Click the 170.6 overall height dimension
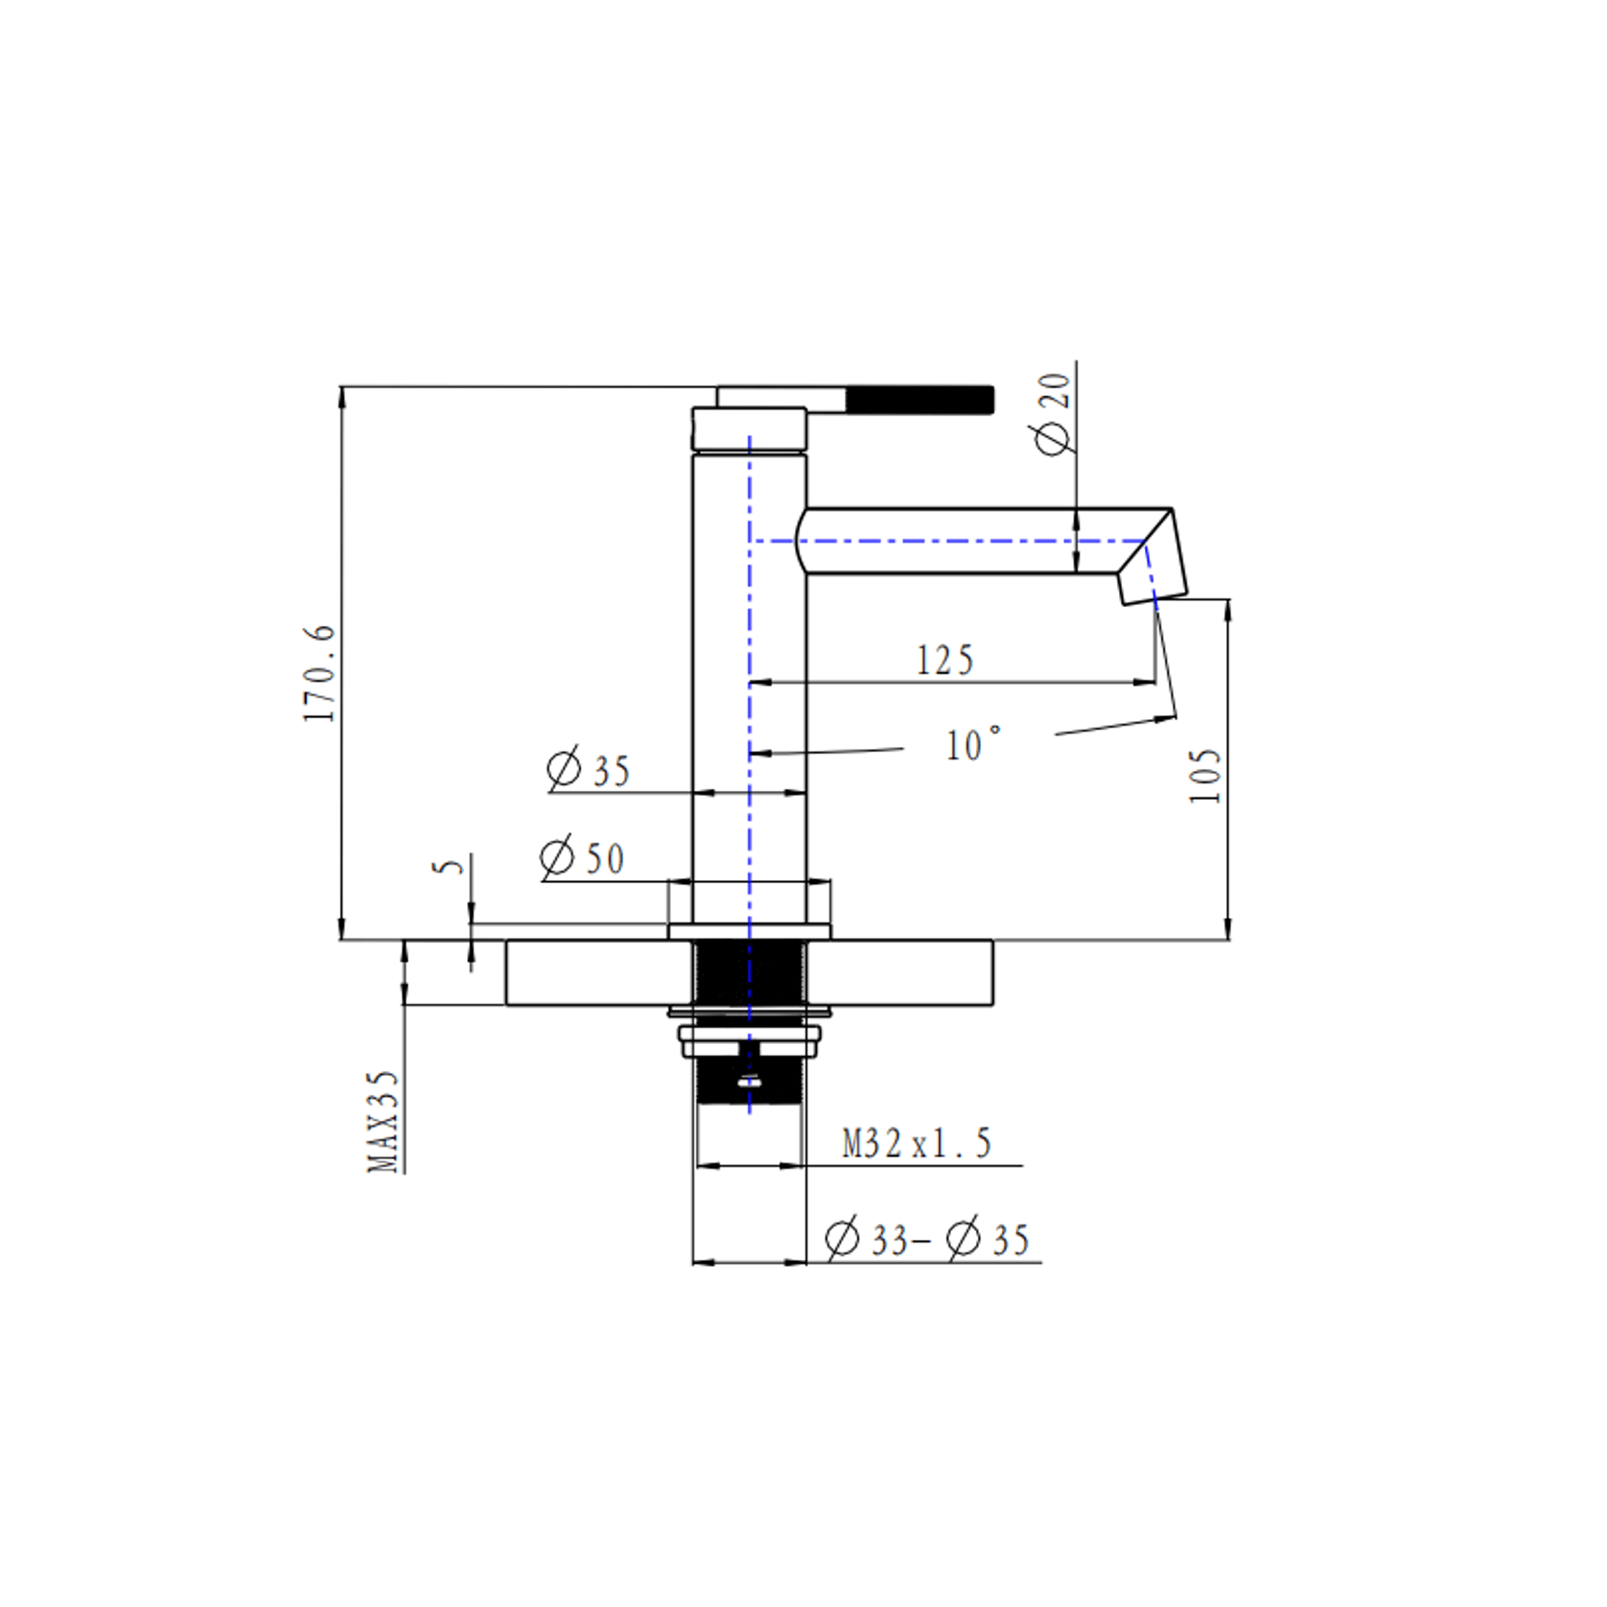320,673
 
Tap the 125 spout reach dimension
944,661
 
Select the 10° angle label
972,745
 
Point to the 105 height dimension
1205,775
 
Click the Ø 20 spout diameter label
1053,414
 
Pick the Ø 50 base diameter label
582,857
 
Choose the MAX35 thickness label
383,1121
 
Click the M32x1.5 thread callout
916,1144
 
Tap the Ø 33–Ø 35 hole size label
926,1240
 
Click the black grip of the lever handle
919,400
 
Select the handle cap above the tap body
749,428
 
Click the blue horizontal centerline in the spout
959,541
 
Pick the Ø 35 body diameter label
588,770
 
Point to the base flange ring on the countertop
749,931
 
